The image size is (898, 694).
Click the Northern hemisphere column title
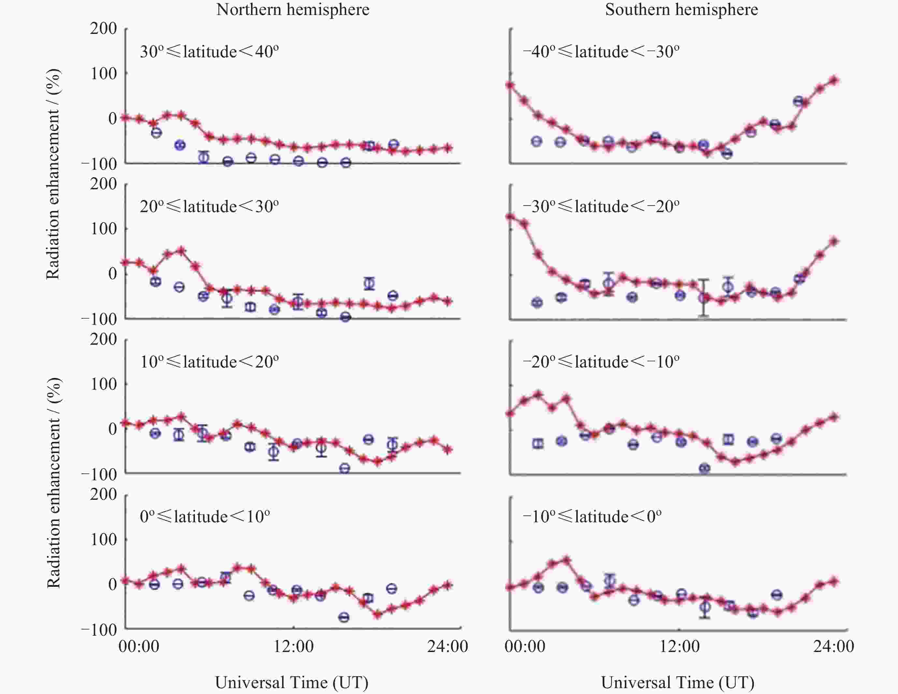(x=292, y=10)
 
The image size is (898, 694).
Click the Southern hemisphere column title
(x=681, y=10)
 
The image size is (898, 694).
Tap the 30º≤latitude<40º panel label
(x=209, y=52)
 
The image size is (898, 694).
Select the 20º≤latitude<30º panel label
(x=209, y=206)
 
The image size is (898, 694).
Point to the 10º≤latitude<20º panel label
(x=209, y=362)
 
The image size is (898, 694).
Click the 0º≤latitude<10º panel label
(x=205, y=516)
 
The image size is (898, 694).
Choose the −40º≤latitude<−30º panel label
(x=601, y=52)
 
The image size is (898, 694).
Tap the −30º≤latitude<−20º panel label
(x=601, y=206)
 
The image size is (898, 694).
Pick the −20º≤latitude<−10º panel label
(x=601, y=362)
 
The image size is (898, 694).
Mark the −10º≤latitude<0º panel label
(x=592, y=516)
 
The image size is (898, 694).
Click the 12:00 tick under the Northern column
(x=293, y=646)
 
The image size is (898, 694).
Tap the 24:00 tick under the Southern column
(x=833, y=646)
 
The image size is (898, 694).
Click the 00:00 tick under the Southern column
(x=525, y=646)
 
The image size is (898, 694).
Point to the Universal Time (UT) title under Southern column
(x=678, y=683)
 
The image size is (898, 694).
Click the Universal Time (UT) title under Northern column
(x=292, y=683)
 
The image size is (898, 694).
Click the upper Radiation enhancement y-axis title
(x=53, y=174)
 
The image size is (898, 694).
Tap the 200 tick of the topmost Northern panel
(x=104, y=28)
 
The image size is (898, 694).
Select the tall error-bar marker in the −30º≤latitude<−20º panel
(x=704, y=298)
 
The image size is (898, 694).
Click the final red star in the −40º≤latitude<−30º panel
(x=834, y=80)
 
